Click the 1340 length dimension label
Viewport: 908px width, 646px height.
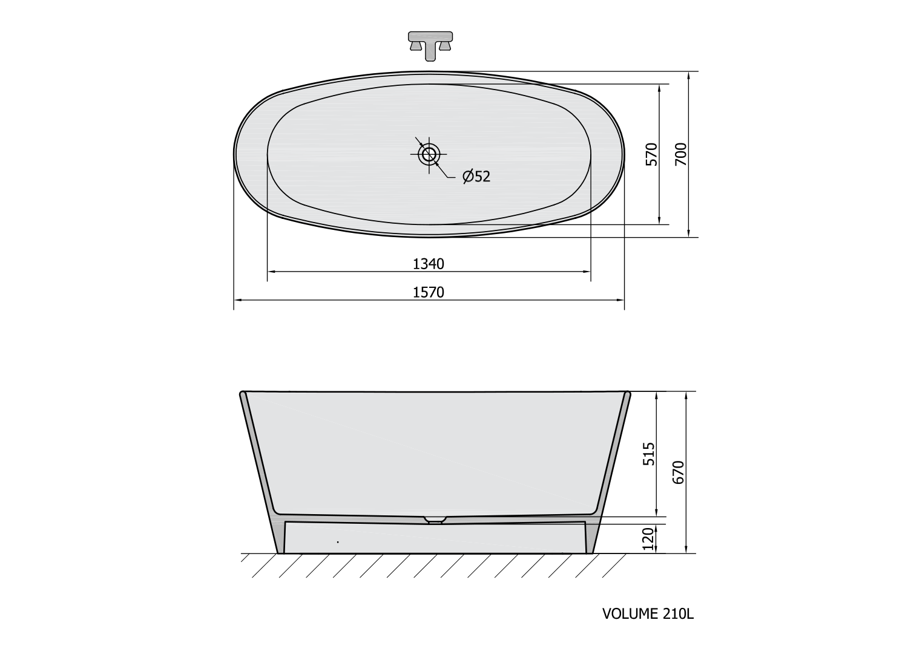coord(429,264)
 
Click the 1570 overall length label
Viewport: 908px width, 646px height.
coord(429,292)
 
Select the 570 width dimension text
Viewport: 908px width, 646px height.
coord(651,154)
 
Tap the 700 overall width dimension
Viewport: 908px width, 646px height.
coord(681,154)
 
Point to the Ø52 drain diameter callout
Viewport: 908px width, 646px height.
coord(476,176)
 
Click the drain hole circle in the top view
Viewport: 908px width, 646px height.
coord(429,154)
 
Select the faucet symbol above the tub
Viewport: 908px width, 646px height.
coord(430,46)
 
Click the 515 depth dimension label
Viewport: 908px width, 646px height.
coord(649,454)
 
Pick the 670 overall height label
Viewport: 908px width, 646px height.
coord(678,472)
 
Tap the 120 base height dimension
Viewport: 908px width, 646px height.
coord(649,538)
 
